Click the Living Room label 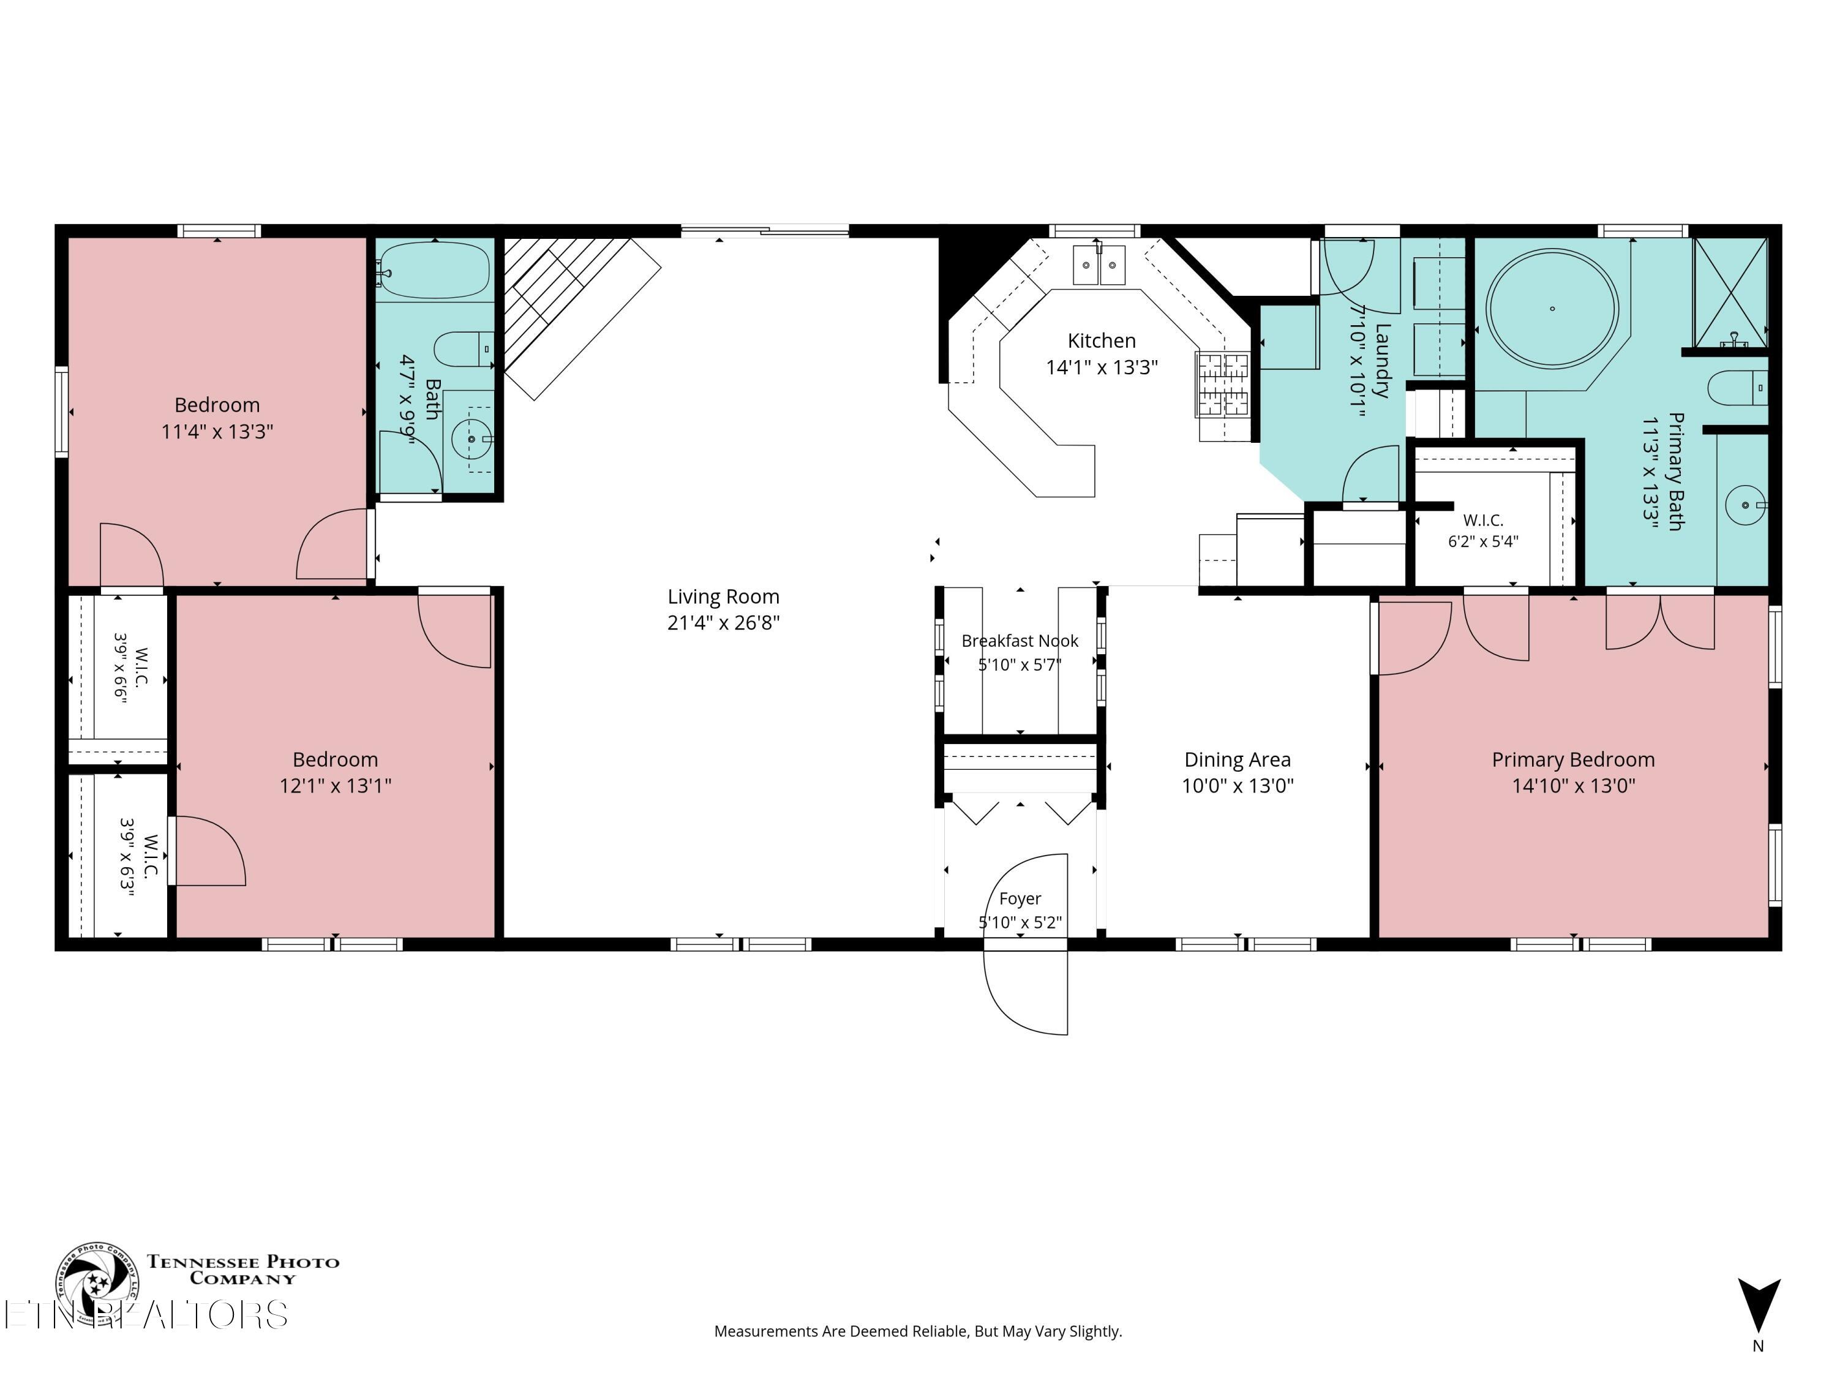click(723, 597)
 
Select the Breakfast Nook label click(1020, 641)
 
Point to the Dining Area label click(1238, 759)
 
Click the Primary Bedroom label click(1573, 759)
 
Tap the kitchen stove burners click(1222, 385)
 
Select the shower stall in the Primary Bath click(1730, 292)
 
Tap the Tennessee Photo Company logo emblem click(97, 1283)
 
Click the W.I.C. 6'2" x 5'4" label click(1483, 530)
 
